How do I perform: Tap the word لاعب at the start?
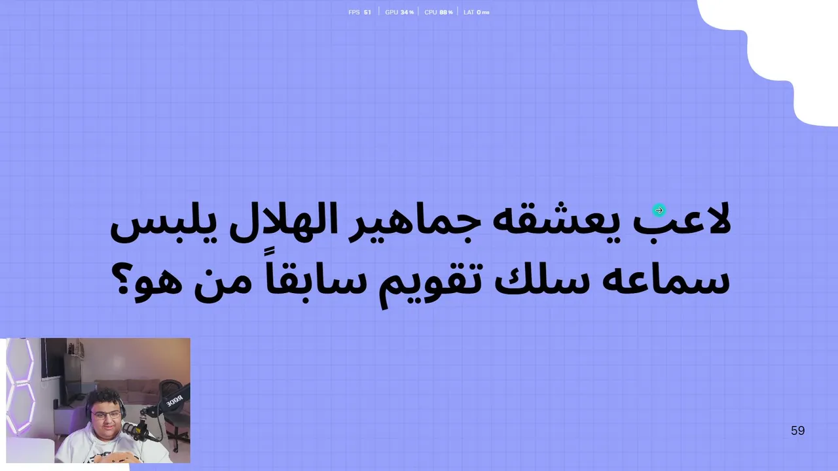click(682, 220)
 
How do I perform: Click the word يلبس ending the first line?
click(164, 224)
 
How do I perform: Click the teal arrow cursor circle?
click(659, 211)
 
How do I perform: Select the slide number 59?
click(797, 430)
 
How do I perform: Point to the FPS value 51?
click(367, 12)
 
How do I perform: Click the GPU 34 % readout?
click(399, 12)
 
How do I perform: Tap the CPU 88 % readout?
click(439, 12)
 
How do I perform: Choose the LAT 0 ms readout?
click(476, 12)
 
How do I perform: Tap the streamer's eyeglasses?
click(106, 415)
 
